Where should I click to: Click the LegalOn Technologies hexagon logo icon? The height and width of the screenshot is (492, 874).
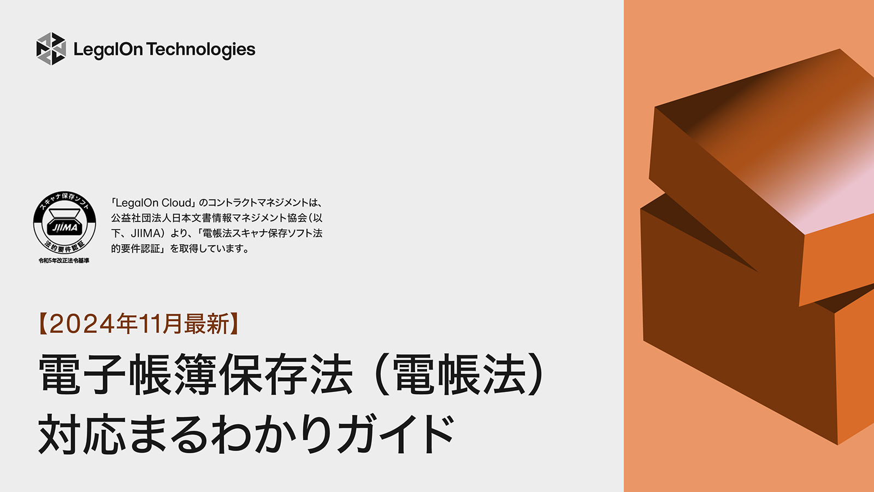(x=51, y=49)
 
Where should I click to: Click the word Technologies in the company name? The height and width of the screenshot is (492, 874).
(x=201, y=50)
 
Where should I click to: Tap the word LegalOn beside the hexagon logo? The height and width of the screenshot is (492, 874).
(x=108, y=50)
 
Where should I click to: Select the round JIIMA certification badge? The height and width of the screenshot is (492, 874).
(x=64, y=224)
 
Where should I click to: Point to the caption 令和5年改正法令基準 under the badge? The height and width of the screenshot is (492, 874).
(x=64, y=261)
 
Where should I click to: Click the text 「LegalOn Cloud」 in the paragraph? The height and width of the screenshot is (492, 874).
(x=153, y=203)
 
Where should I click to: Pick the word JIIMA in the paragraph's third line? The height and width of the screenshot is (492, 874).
(x=146, y=233)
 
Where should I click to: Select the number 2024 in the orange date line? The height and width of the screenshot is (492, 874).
(x=82, y=324)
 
